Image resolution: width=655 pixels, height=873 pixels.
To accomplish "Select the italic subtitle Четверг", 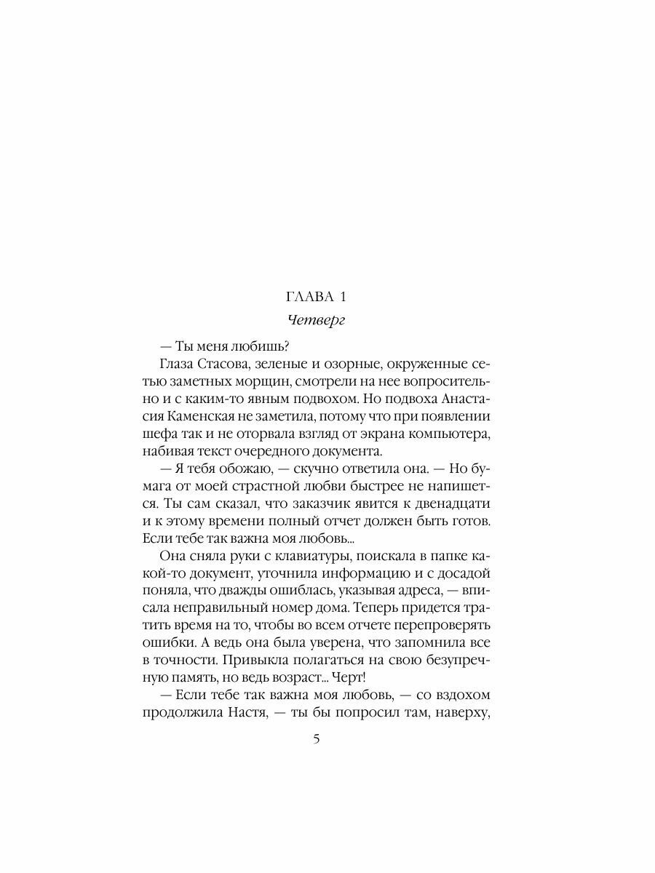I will click(317, 321).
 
